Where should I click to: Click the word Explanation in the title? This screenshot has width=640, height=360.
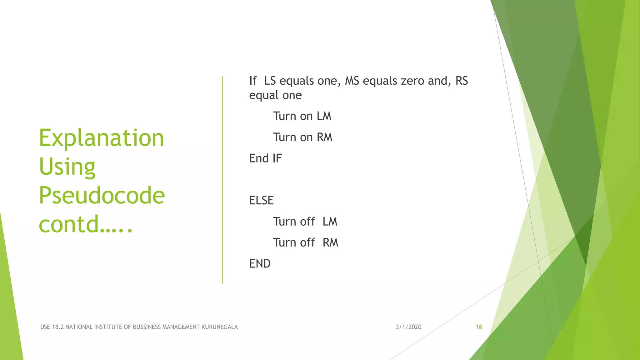click(101, 138)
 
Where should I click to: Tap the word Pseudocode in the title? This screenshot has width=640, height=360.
click(102, 195)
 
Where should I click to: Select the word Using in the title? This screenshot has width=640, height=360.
click(67, 167)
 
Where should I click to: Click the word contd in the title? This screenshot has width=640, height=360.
click(69, 224)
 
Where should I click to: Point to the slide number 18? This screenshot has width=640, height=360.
click(479, 327)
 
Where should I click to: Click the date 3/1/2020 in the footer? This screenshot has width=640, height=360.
click(408, 327)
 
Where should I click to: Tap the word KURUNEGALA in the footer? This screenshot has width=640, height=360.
click(219, 327)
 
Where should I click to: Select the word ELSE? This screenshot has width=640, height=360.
click(261, 200)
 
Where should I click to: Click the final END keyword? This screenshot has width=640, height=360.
click(260, 263)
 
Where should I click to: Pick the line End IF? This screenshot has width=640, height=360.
click(265, 158)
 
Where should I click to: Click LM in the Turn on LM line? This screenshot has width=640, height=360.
click(324, 116)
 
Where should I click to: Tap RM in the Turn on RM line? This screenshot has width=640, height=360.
click(324, 137)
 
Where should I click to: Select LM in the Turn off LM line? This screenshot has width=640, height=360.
click(330, 222)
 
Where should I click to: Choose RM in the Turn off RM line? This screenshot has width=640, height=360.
click(330, 242)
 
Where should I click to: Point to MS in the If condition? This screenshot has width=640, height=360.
click(352, 81)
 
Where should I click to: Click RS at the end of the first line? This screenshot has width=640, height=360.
click(462, 81)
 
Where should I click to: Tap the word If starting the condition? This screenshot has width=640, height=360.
click(252, 81)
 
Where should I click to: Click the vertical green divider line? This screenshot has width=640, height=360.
click(222, 180)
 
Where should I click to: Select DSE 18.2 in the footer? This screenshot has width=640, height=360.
click(52, 327)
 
